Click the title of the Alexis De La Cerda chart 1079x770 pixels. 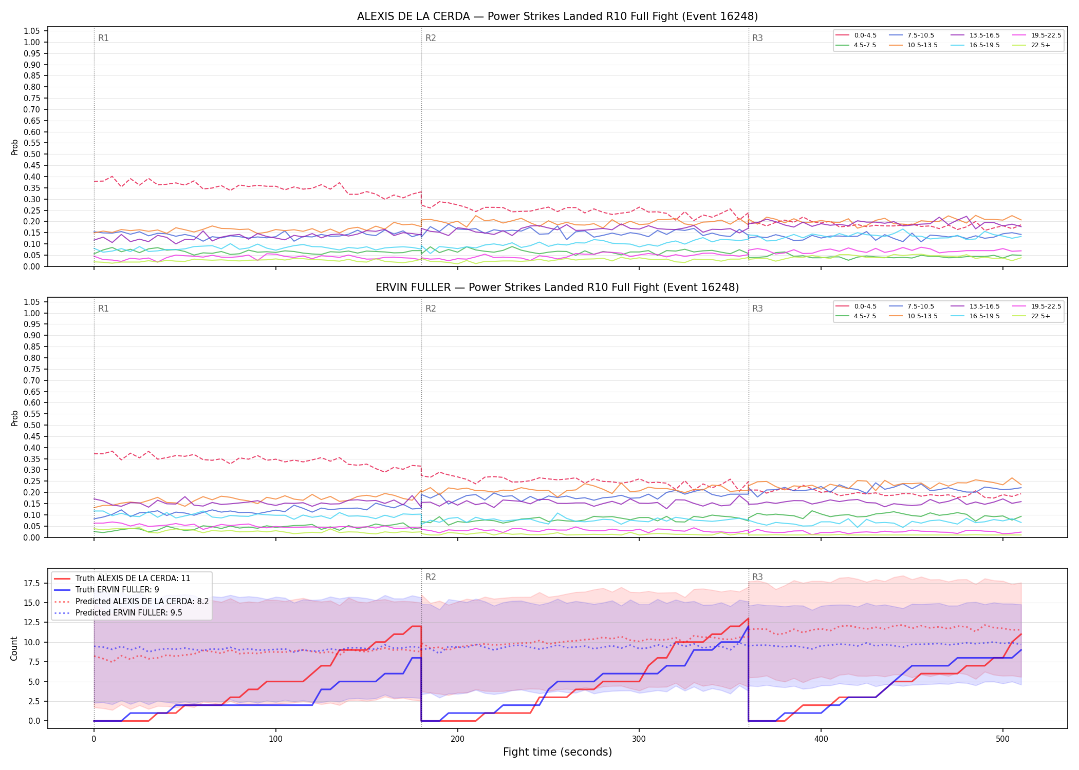coord(557,16)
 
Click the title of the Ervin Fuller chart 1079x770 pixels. coord(557,287)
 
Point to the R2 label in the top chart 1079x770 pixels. coord(431,38)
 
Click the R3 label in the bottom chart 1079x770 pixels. coord(757,577)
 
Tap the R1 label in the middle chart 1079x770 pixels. coord(103,309)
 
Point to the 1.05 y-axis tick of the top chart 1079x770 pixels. coord(32,31)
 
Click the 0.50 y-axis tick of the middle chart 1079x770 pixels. coord(32,425)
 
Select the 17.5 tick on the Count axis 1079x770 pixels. coord(32,583)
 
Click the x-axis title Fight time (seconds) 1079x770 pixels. coord(557,752)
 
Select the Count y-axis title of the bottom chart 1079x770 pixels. coord(14,648)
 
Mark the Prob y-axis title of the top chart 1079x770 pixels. coord(15,147)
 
